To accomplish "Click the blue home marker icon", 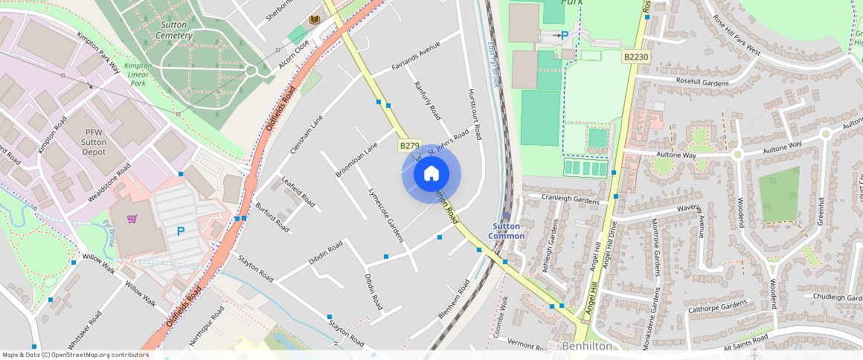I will click(431, 174).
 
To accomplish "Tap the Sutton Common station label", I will click(508, 231).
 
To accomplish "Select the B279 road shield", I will click(408, 147).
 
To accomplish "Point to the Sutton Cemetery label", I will click(176, 30).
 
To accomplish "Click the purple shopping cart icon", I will click(132, 219).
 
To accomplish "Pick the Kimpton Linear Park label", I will click(138, 74).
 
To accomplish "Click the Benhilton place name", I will click(587, 346).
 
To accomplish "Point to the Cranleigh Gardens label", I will click(570, 199).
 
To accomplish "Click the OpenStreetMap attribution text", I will click(75, 355).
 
